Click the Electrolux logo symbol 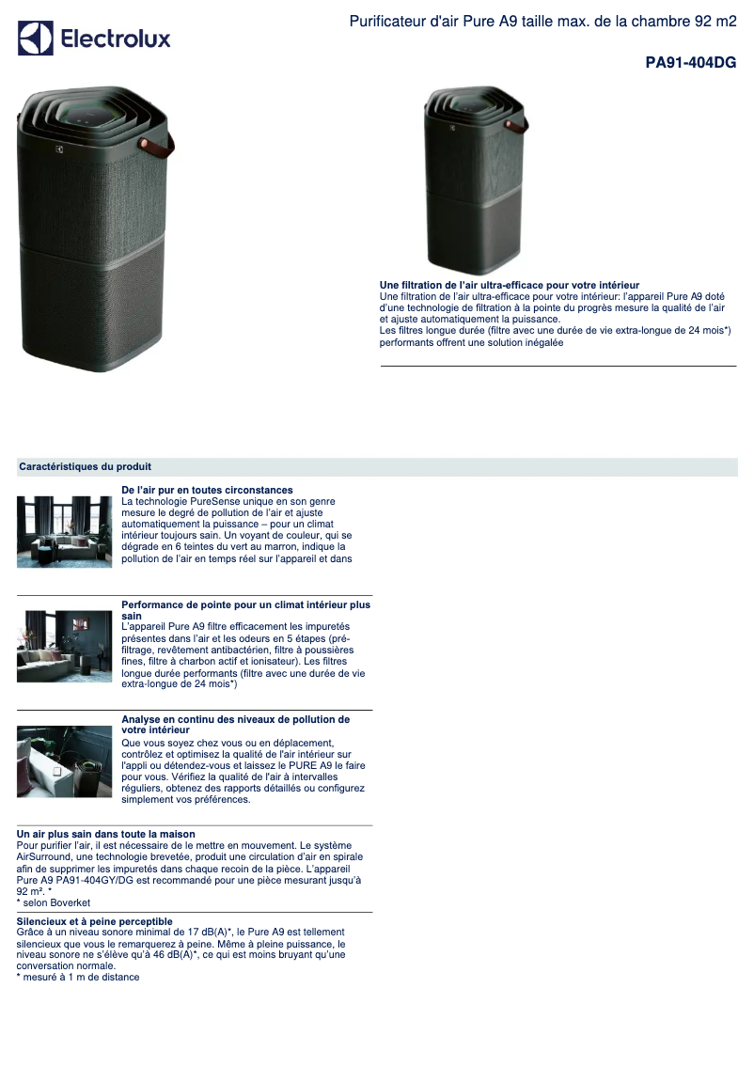36,39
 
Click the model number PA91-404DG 690,63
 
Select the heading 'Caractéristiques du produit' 85,466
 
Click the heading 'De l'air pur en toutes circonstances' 207,490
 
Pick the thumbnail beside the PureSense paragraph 64,531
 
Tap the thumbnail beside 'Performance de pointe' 64,646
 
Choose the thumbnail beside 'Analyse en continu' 64,761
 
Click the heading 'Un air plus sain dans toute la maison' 106,834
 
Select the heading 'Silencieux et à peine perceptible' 94,921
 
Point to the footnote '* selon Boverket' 54,902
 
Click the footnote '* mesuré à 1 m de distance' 78,978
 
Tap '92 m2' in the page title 716,21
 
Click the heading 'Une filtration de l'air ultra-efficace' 509,285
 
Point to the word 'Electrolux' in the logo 116,39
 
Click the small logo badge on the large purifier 61,149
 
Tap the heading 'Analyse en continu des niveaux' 235,719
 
